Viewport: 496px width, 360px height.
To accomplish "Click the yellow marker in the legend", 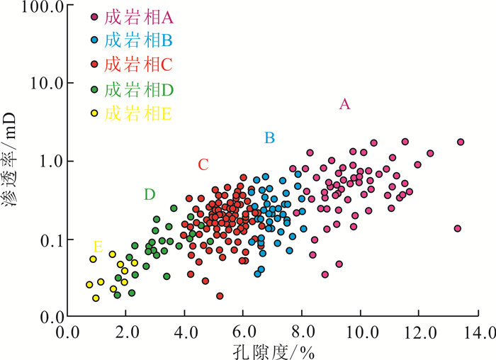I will tap(94, 114).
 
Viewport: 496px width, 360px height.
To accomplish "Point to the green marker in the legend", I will tap(94, 89).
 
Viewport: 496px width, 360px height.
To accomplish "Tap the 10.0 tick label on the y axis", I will tap(45, 83).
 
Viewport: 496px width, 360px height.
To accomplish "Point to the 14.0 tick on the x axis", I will tap(477, 331).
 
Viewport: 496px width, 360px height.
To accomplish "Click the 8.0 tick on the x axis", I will tap(302, 331).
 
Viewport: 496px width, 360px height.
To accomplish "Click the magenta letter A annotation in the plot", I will tap(345, 104).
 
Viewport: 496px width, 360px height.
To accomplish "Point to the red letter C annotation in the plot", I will tap(203, 165).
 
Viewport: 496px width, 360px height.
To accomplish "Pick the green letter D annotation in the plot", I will tap(149, 194).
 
